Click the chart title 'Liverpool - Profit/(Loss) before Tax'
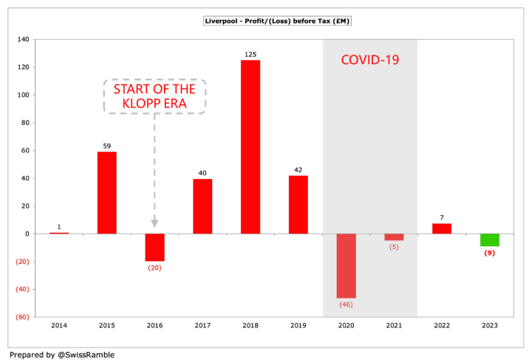(x=277, y=21)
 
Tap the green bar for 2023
(x=490, y=240)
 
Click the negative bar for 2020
(x=346, y=265)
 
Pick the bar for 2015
(x=106, y=192)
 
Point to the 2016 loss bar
(x=154, y=247)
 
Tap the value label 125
(x=250, y=54)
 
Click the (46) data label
(x=346, y=304)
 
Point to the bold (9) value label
(x=490, y=253)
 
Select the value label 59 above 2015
(x=106, y=146)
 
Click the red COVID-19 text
(x=369, y=60)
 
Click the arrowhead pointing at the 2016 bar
(x=154, y=222)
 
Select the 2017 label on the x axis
(x=202, y=325)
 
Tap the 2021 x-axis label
(x=394, y=325)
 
